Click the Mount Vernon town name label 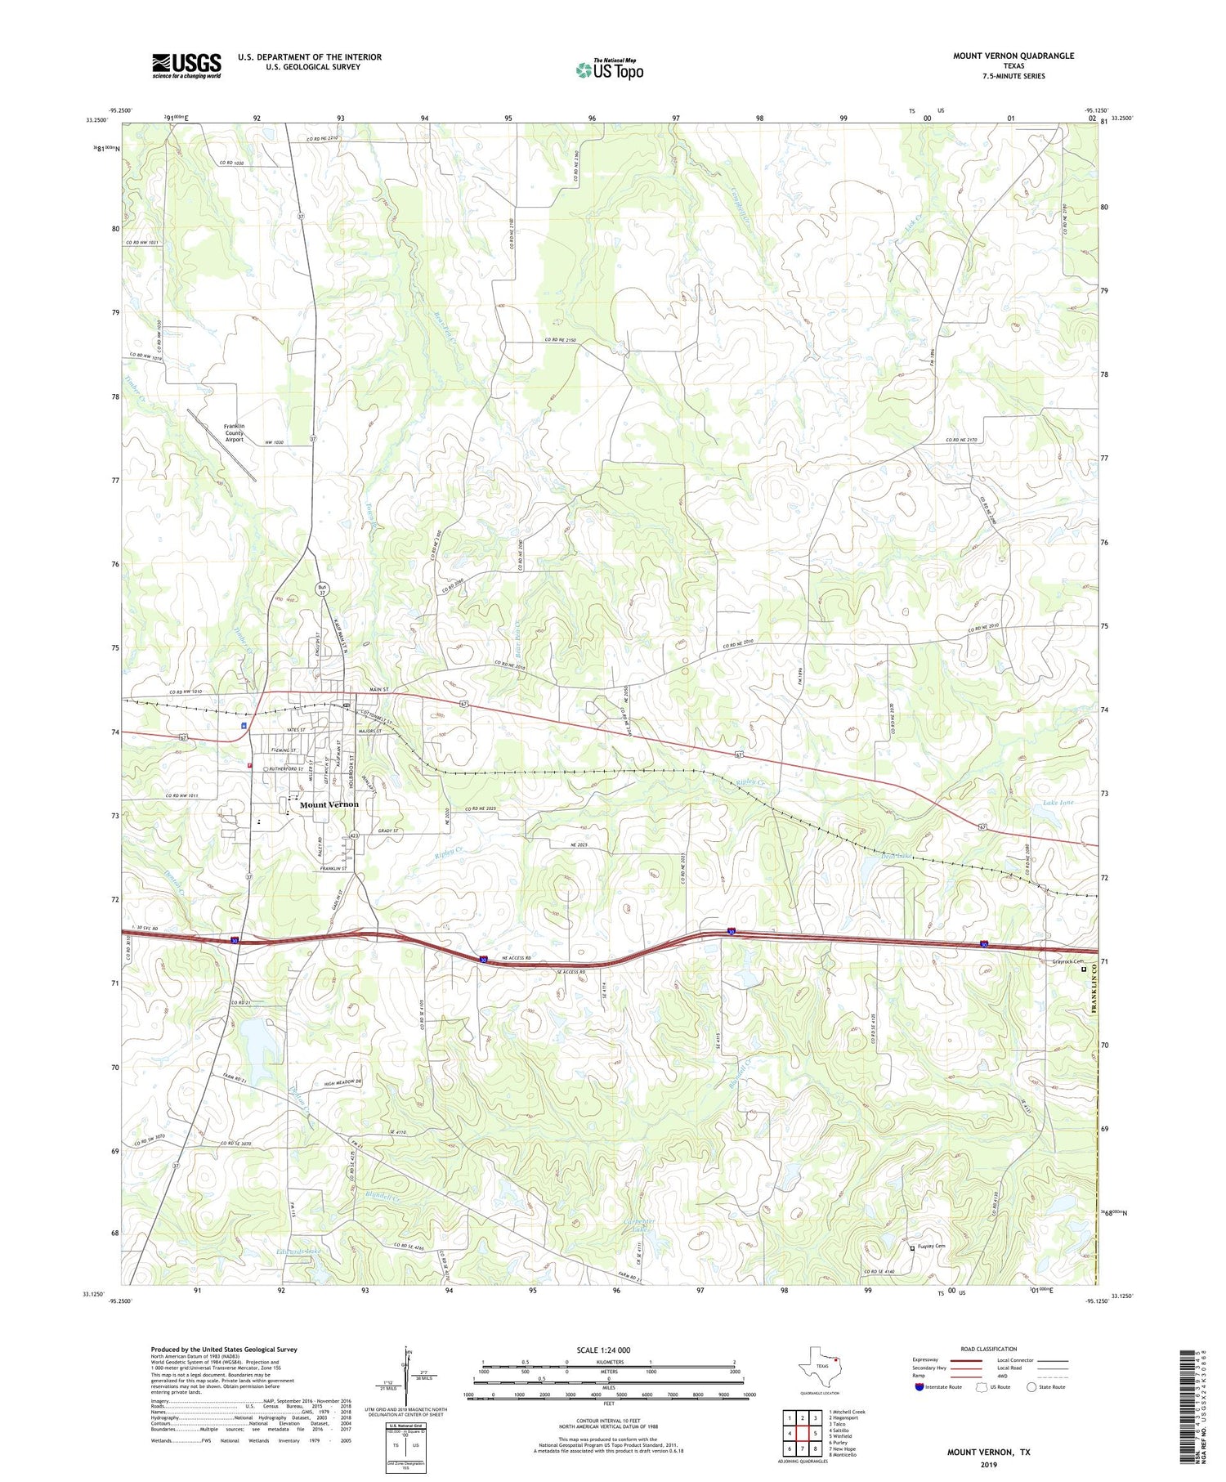tap(329, 804)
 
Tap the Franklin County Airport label tap(234, 432)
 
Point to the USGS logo tap(186, 65)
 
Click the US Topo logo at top tap(610, 69)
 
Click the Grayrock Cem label tap(1067, 961)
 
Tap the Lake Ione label tap(1058, 803)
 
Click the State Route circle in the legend tap(1031, 1386)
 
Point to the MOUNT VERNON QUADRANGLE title tap(1013, 56)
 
